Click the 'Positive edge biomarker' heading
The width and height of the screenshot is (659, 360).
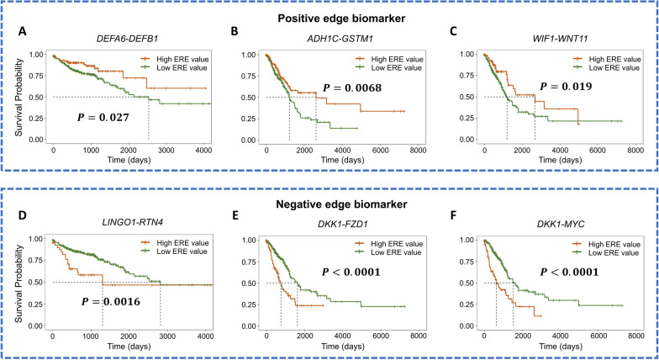click(x=329, y=16)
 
